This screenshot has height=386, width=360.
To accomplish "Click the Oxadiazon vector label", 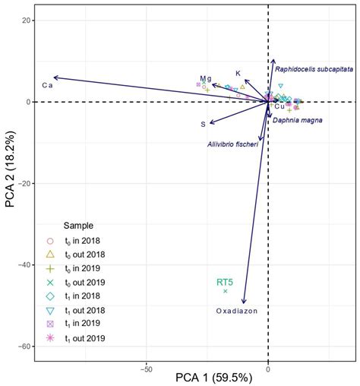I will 239,311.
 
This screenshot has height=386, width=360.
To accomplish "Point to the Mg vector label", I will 205,78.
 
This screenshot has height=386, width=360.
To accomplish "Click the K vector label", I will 238,74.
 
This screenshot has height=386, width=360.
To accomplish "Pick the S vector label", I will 203,124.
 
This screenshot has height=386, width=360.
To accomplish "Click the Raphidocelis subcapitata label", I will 314,68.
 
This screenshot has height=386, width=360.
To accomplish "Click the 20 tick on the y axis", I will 27,21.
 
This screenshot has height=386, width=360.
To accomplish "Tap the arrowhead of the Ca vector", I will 53,78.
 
